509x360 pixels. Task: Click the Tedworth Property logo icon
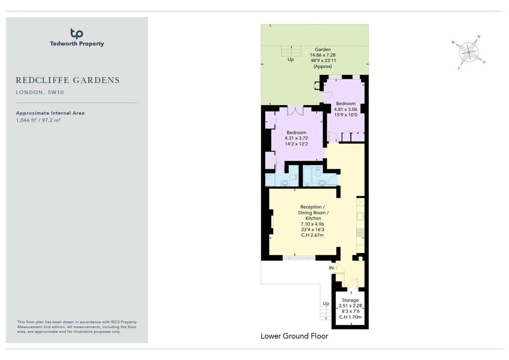pos(76,34)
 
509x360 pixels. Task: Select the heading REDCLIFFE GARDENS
pos(68,80)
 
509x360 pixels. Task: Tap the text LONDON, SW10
pos(40,93)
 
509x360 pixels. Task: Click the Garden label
pos(322,50)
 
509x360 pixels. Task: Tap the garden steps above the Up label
pos(291,51)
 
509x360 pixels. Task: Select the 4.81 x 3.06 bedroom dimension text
pos(346,109)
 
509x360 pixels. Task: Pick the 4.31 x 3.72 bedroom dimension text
pos(296,138)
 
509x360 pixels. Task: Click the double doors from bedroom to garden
pos(294,111)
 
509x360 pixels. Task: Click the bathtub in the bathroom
pos(307,176)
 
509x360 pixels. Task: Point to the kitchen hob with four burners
pos(360,232)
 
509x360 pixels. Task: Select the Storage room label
pos(350,300)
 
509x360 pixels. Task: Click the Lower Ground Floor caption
pos(294,336)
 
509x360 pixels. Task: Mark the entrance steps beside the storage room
pos(325,313)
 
